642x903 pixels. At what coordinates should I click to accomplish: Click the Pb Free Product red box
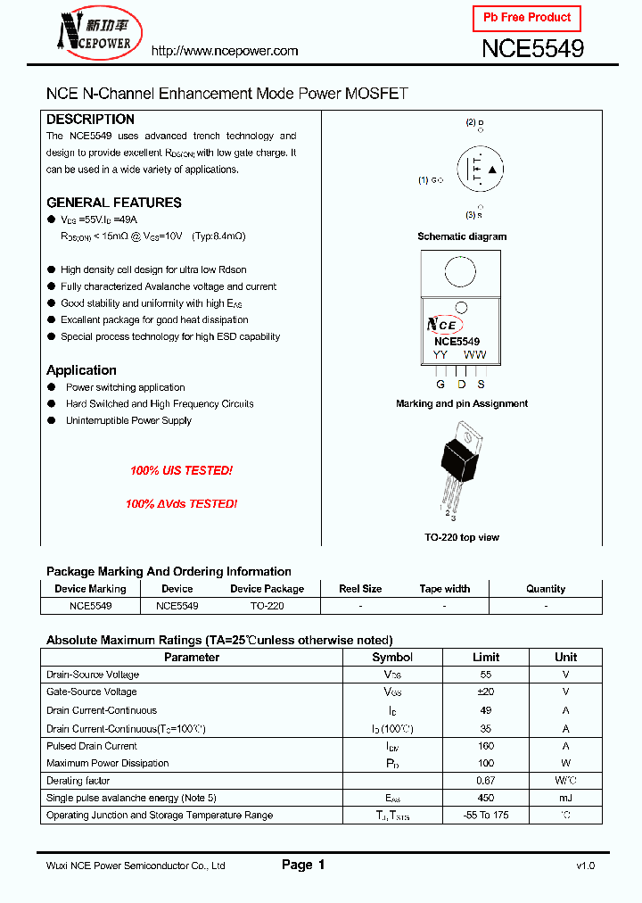[x=526, y=18]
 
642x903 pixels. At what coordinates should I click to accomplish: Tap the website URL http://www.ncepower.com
[x=225, y=51]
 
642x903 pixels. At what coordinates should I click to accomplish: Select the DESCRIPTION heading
[x=90, y=119]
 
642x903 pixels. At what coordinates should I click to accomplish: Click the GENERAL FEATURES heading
[x=113, y=203]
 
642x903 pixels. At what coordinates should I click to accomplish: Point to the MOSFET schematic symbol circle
[x=481, y=169]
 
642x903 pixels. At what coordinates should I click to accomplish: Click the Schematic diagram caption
[x=462, y=236]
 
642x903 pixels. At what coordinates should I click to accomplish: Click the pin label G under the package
[x=440, y=385]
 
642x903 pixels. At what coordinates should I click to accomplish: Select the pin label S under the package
[x=481, y=385]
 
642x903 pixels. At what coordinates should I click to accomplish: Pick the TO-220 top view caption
[x=462, y=537]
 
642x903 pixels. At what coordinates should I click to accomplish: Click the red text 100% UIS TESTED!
[x=181, y=470]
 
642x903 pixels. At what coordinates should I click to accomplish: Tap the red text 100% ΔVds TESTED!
[x=181, y=503]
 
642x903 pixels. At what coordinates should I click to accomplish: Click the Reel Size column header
[x=360, y=589]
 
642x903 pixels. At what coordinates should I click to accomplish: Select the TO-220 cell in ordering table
[x=267, y=605]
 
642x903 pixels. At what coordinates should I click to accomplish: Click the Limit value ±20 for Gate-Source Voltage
[x=486, y=692]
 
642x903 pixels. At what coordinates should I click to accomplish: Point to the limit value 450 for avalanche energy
[x=486, y=798]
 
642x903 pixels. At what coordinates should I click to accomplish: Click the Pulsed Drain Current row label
[x=92, y=745]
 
